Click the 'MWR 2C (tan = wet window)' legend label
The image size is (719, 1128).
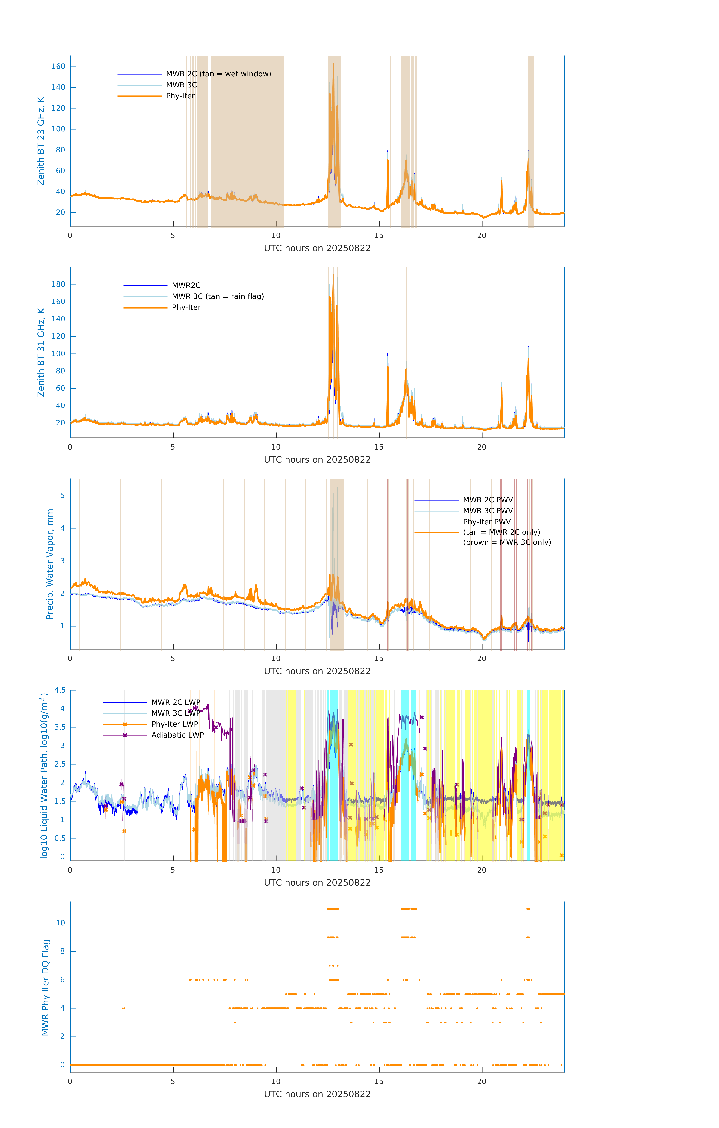218,74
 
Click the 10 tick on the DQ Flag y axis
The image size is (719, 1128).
60,923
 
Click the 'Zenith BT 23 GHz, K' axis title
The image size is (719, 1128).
41,141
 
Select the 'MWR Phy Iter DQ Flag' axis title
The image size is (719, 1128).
45,987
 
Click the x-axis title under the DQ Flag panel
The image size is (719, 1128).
317,1094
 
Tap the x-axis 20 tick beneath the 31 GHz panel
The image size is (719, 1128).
482,447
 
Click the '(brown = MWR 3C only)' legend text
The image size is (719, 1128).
507,542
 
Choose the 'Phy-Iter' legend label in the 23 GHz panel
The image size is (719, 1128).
180,96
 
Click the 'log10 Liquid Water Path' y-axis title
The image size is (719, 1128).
44,775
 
